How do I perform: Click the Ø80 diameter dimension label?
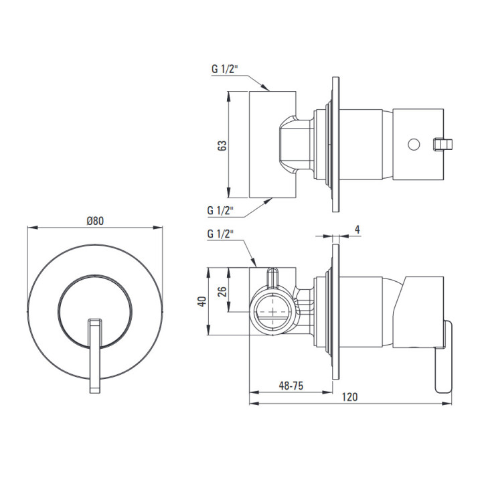click(x=94, y=221)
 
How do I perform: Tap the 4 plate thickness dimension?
click(x=357, y=230)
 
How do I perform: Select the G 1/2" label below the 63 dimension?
click(x=220, y=210)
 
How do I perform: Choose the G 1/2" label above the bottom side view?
click(x=220, y=234)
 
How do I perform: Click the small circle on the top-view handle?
click(x=413, y=143)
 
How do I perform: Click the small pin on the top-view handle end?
click(x=443, y=143)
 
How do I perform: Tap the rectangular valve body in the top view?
click(x=272, y=144)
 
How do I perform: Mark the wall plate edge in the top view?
click(x=335, y=144)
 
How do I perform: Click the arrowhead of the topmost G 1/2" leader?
click(x=267, y=88)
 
